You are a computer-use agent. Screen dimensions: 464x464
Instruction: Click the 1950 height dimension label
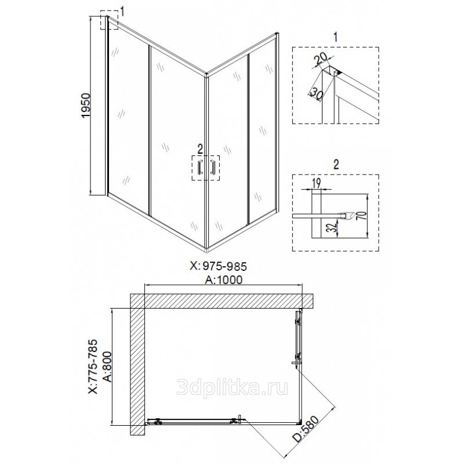click(85, 106)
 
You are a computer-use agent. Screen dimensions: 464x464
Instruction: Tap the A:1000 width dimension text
click(224, 280)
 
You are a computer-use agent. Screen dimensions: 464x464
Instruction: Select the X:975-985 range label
click(218, 266)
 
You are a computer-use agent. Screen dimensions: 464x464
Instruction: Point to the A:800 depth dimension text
click(107, 367)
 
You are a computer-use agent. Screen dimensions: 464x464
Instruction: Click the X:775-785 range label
click(93, 367)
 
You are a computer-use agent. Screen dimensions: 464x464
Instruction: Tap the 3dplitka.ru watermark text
click(232, 387)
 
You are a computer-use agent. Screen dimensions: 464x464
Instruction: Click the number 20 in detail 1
click(321, 60)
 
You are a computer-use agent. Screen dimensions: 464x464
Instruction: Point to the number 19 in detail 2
click(316, 183)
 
